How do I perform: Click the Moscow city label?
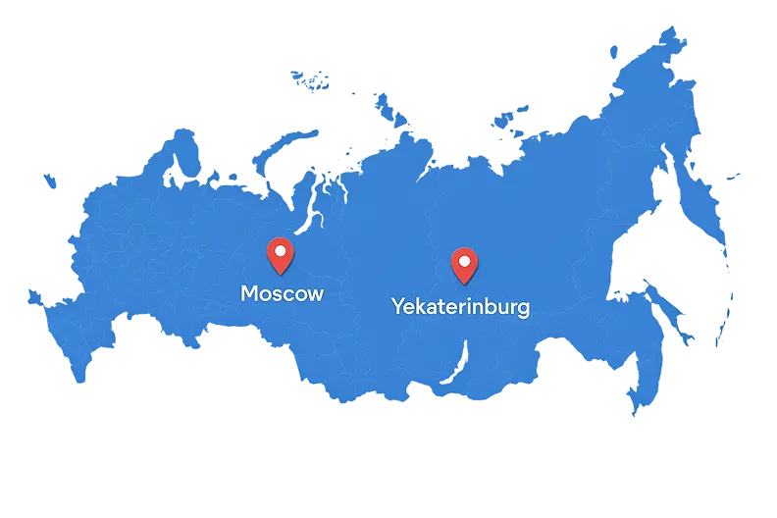tap(282, 293)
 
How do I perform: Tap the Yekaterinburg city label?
tap(460, 306)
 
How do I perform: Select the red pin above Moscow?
tap(281, 255)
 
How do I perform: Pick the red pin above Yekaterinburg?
tap(463, 263)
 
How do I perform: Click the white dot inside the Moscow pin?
tap(281, 251)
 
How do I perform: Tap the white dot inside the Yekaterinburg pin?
tap(463, 260)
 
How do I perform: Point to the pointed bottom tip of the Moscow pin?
tap(281, 274)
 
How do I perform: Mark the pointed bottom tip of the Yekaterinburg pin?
tap(463, 282)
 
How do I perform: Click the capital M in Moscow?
tap(250, 293)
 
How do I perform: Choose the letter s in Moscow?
tap(278, 294)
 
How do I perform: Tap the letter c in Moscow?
tap(288, 294)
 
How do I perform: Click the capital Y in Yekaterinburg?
tap(398, 305)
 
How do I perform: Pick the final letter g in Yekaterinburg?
tap(523, 309)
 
